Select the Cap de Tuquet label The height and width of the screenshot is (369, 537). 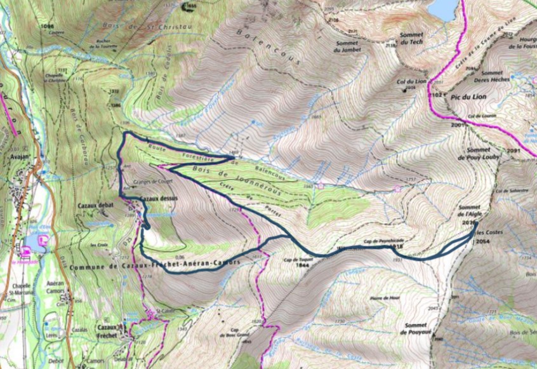(x=302, y=262)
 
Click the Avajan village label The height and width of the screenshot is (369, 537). (x=15, y=142)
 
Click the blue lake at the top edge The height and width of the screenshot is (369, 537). (x=442, y=8)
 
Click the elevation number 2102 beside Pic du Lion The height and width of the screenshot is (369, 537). (x=435, y=94)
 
